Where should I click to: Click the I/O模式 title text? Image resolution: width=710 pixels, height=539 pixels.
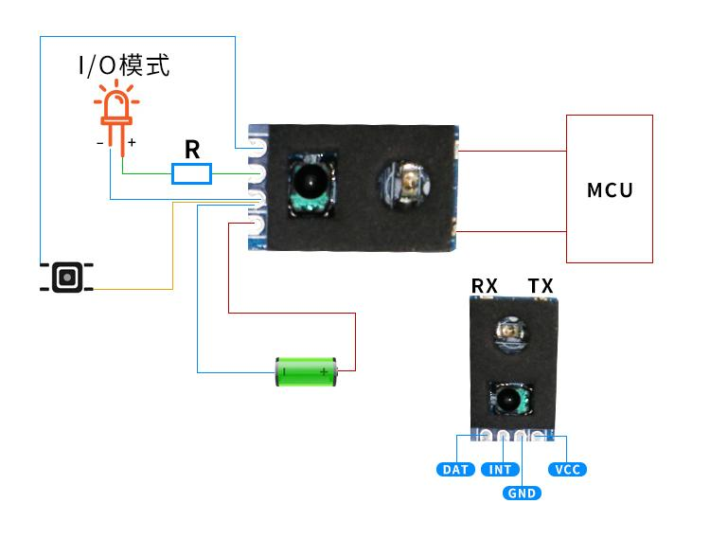(x=123, y=65)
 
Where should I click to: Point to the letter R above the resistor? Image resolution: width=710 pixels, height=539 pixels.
(x=192, y=149)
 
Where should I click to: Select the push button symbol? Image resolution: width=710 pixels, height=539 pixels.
(x=66, y=277)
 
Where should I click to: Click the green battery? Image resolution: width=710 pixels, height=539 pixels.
(x=305, y=371)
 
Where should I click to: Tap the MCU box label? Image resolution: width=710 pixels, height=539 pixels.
(x=610, y=189)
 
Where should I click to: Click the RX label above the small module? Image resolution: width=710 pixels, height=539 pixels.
(x=485, y=286)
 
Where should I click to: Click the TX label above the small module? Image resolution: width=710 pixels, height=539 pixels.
(x=541, y=286)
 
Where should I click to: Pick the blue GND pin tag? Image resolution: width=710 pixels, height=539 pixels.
(x=522, y=493)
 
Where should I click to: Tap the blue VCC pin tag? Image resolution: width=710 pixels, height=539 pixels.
(x=568, y=469)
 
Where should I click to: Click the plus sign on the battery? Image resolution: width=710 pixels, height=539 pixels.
(x=325, y=372)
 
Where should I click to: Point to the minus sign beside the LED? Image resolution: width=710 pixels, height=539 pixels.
(x=99, y=143)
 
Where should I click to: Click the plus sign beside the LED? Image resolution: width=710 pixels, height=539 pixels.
(x=132, y=142)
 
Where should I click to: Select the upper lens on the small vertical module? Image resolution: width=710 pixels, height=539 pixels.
(x=512, y=332)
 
